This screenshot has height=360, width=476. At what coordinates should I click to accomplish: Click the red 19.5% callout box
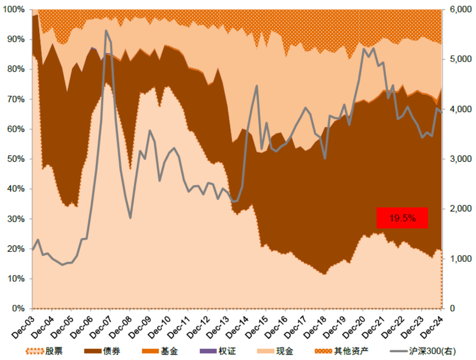(x=402, y=218)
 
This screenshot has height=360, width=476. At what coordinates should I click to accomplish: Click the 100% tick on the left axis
(x=14, y=9)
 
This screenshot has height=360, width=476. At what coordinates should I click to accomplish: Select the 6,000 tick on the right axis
(x=460, y=9)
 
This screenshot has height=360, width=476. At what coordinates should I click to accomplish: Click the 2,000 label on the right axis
(x=460, y=209)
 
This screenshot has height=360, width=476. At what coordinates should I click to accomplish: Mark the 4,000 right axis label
(x=460, y=109)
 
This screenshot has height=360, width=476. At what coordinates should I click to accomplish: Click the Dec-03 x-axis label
(x=24, y=327)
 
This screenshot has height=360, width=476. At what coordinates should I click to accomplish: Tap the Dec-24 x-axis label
(x=433, y=327)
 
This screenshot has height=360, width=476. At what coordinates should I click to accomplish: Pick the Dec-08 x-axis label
(x=121, y=327)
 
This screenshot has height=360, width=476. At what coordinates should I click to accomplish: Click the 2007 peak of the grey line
(x=106, y=31)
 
